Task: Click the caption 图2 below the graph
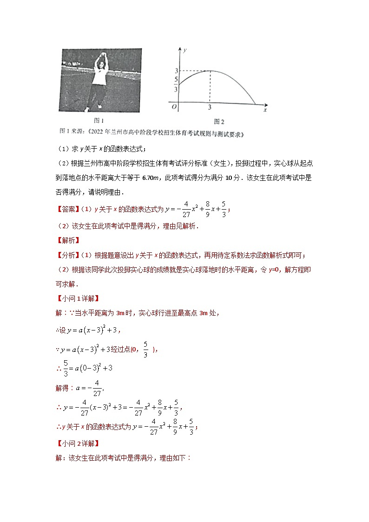(x=219, y=122)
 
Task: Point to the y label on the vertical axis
(x=185, y=49)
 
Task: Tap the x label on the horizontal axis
(x=265, y=110)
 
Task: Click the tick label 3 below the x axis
(x=210, y=107)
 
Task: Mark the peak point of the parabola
(x=210, y=71)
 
